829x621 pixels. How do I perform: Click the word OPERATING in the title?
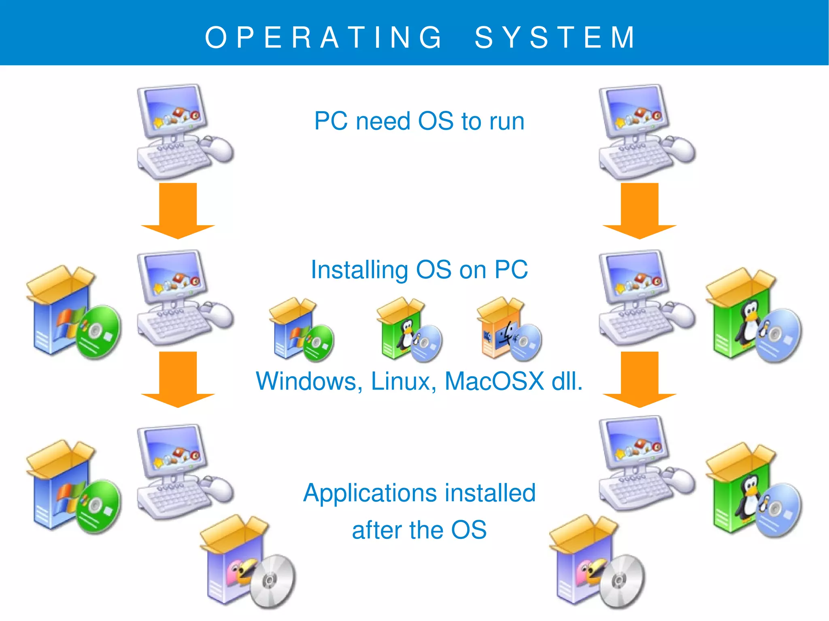click(324, 37)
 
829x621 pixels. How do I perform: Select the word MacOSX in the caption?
click(494, 381)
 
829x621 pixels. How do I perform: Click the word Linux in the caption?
click(403, 381)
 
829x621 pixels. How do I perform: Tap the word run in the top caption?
click(507, 121)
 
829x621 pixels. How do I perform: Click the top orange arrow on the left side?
click(178, 210)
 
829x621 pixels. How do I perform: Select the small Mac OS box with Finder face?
click(508, 330)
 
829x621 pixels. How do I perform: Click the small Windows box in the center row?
click(300, 330)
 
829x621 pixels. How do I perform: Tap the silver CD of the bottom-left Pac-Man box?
click(272, 581)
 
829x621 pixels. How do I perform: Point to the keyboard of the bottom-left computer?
click(174, 500)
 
